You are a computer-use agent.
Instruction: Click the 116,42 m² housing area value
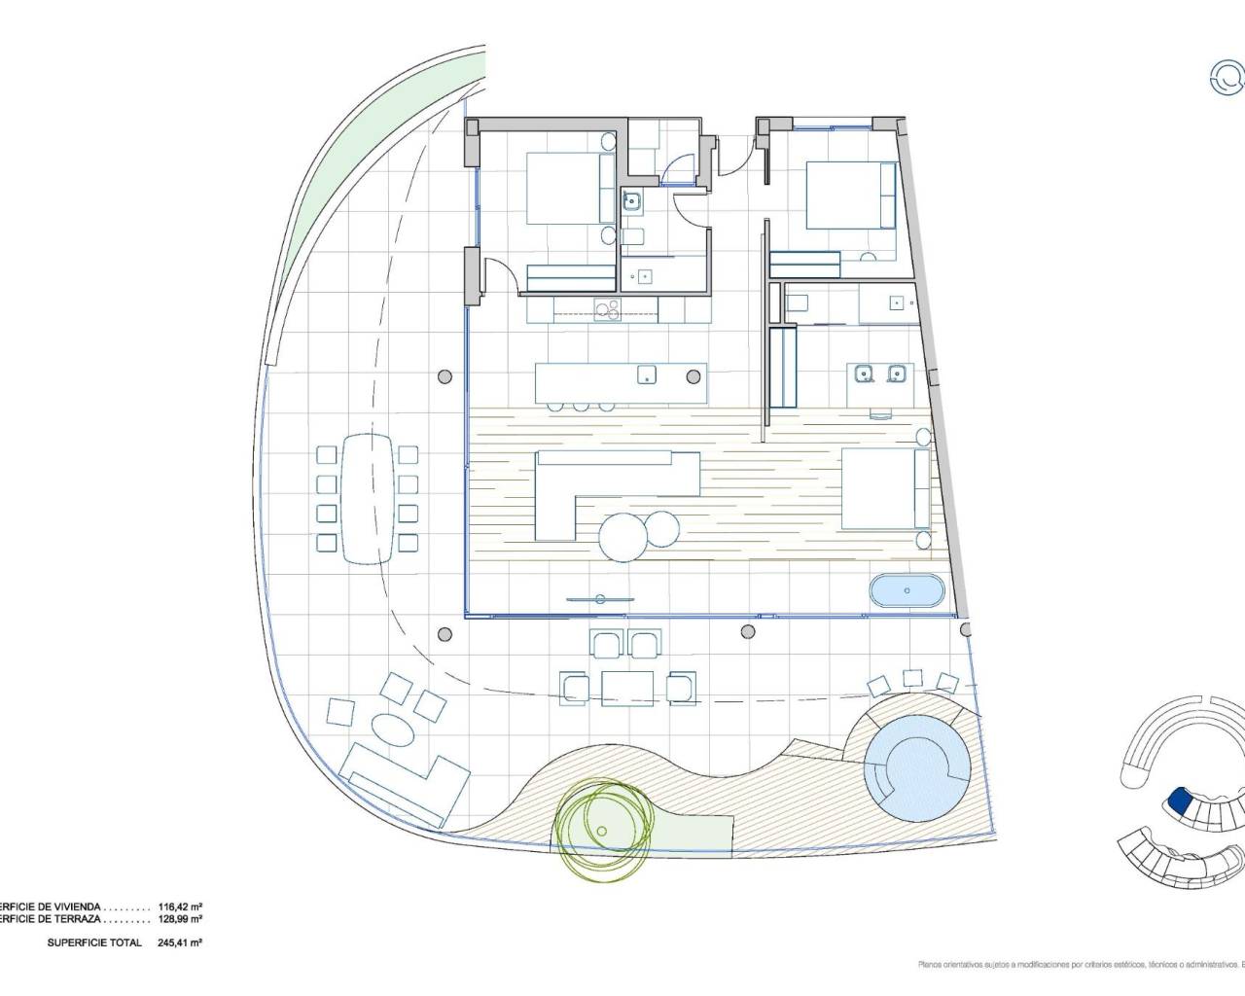click(x=180, y=906)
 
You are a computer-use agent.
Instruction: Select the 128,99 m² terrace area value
click(x=180, y=918)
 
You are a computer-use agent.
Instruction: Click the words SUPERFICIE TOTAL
click(x=94, y=943)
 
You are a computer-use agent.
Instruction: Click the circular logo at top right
click(x=1226, y=79)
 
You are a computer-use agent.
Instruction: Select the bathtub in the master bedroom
click(x=907, y=591)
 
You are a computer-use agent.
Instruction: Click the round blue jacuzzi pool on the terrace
click(x=916, y=765)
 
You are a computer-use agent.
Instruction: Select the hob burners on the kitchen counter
click(x=607, y=310)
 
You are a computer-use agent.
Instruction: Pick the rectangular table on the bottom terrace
click(x=627, y=688)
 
